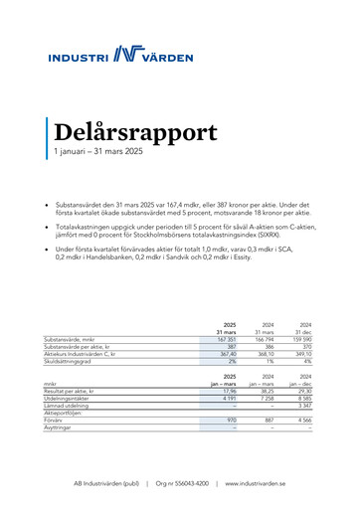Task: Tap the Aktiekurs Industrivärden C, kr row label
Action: click(100, 352)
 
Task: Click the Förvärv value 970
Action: click(230, 419)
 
